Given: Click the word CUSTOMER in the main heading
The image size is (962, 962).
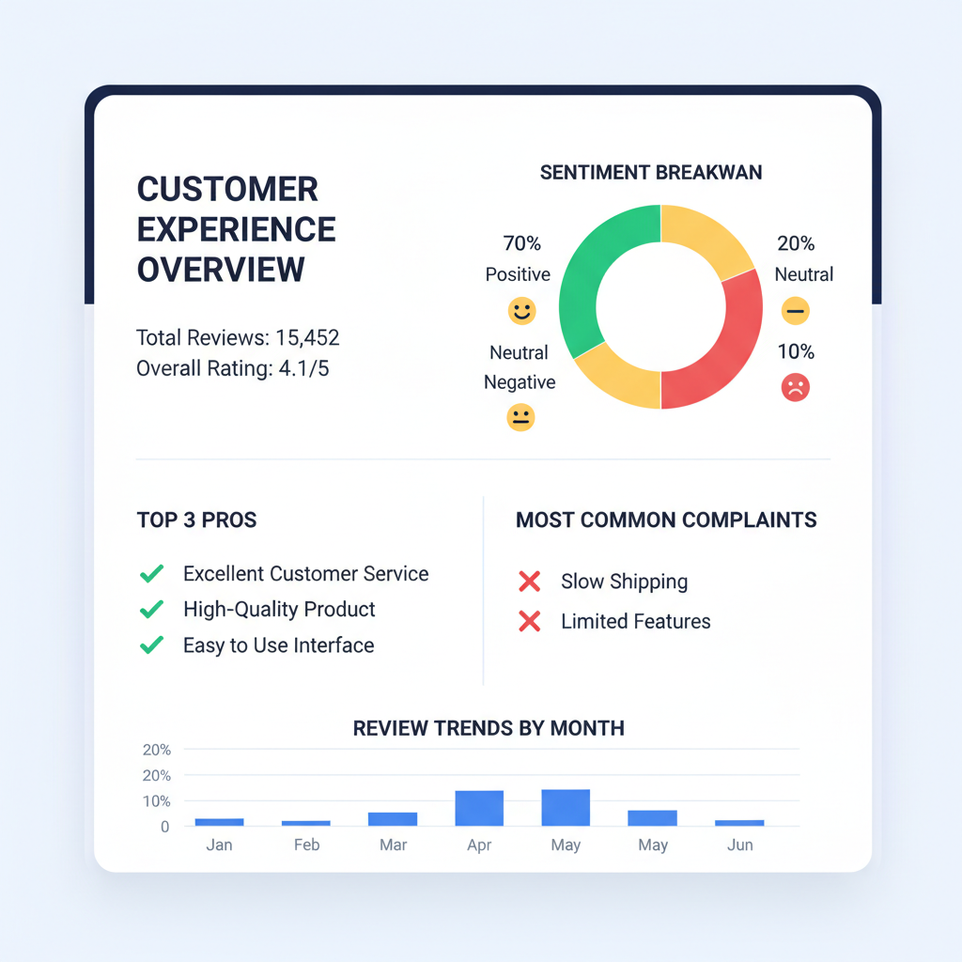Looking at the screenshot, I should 227,190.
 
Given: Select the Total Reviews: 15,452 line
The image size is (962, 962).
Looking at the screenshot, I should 238,338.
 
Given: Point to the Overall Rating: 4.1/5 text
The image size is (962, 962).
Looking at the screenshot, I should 233,368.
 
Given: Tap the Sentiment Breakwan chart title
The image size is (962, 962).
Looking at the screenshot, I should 651,173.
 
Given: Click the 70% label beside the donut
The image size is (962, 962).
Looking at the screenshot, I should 522,244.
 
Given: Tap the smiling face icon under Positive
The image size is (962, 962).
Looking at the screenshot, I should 520,311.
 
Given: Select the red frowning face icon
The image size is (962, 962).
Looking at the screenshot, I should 796,387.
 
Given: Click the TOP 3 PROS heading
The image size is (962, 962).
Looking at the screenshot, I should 196,520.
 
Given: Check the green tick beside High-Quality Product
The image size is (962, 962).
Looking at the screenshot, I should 151,610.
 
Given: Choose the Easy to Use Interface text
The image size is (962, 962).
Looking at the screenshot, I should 279,645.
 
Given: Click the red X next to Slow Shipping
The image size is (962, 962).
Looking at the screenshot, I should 530,582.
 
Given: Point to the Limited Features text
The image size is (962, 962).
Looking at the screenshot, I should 636,621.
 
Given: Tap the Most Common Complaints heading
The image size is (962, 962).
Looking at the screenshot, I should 666,520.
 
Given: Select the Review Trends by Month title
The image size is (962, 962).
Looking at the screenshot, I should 489,728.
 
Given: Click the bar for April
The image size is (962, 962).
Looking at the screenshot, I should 479,808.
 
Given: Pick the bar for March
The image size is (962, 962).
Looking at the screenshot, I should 393,819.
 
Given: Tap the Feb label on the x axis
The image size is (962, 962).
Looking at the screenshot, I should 306,846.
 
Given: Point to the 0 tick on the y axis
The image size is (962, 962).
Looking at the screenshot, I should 164,827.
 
